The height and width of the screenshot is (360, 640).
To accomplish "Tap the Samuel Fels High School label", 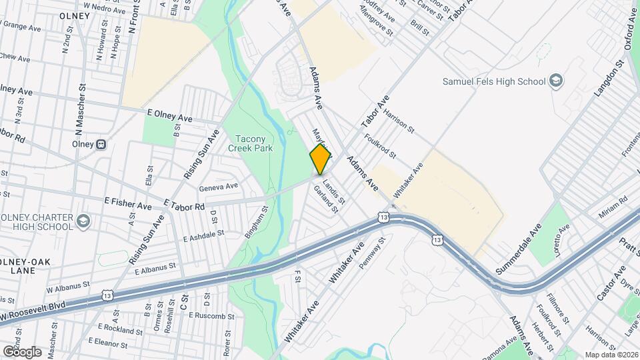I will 494,81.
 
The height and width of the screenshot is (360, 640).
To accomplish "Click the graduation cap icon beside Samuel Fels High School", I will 555,81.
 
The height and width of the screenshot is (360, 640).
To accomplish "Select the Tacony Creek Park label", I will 251,144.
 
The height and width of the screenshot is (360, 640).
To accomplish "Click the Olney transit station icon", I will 101,144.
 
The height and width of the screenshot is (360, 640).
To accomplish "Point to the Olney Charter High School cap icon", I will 83,220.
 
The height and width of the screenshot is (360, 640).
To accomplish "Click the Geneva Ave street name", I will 218,187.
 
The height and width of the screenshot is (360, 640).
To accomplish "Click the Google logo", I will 21,352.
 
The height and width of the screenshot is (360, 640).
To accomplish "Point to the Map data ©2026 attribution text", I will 611,355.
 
